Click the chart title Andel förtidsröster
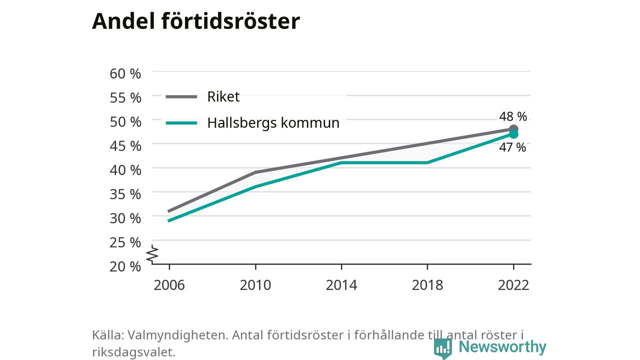[x=196, y=21]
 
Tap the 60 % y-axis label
[x=125, y=73]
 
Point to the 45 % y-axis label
[x=125, y=146]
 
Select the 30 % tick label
[x=125, y=218]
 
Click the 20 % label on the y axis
[x=125, y=266]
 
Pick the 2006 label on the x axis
[x=169, y=285]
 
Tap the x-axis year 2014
[x=341, y=285]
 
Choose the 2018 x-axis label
[x=427, y=285]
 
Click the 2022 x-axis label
[x=513, y=285]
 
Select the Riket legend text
[x=223, y=96]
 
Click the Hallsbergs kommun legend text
[x=273, y=123]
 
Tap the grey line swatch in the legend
[x=181, y=97]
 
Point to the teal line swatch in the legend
[x=181, y=123]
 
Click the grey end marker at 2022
[x=513, y=129]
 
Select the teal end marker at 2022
[x=513, y=134]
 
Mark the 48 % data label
[x=513, y=116]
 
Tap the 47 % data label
[x=512, y=147]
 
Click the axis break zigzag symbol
[x=152, y=254]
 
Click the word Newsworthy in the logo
[x=502, y=346]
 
